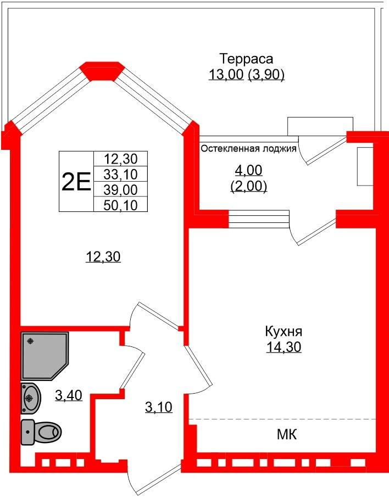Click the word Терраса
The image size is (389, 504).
[x=247, y=59]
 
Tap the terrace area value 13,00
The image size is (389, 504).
[x=226, y=75]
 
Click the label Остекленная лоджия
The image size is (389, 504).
[x=248, y=148]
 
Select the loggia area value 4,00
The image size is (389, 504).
[x=248, y=170]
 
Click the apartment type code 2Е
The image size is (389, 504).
[x=76, y=182]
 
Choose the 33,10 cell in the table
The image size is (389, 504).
[x=121, y=174]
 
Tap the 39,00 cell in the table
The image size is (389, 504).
[x=121, y=189]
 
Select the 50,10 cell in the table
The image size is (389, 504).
[x=121, y=205]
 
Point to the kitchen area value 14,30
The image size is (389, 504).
[x=284, y=347]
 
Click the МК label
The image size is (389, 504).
[x=287, y=435]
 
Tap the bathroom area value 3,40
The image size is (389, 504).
[x=69, y=395]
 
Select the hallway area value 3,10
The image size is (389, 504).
[x=159, y=407]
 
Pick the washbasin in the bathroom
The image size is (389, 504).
[x=31, y=398]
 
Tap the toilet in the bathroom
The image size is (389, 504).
[x=41, y=432]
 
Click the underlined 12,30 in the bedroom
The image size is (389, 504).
[x=103, y=256]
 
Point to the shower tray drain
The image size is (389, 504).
[x=30, y=341]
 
